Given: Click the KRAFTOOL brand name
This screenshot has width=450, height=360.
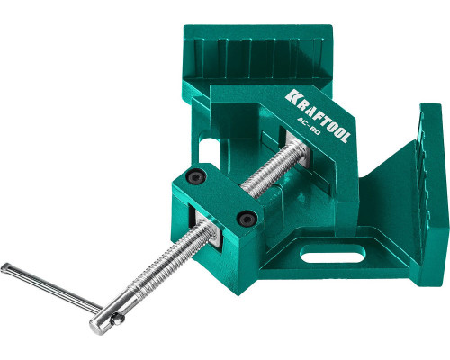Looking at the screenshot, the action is coord(318,115).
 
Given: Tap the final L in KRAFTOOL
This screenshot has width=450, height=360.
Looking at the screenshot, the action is coord(345,136).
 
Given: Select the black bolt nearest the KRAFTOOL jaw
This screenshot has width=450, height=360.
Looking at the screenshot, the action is coord(195,176).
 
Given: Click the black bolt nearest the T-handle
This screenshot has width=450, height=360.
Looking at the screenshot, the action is coord(247,218).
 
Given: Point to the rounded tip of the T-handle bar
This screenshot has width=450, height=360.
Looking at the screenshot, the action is coord(5,267).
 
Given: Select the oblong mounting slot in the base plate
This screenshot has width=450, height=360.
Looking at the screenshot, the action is coord(333,254).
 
